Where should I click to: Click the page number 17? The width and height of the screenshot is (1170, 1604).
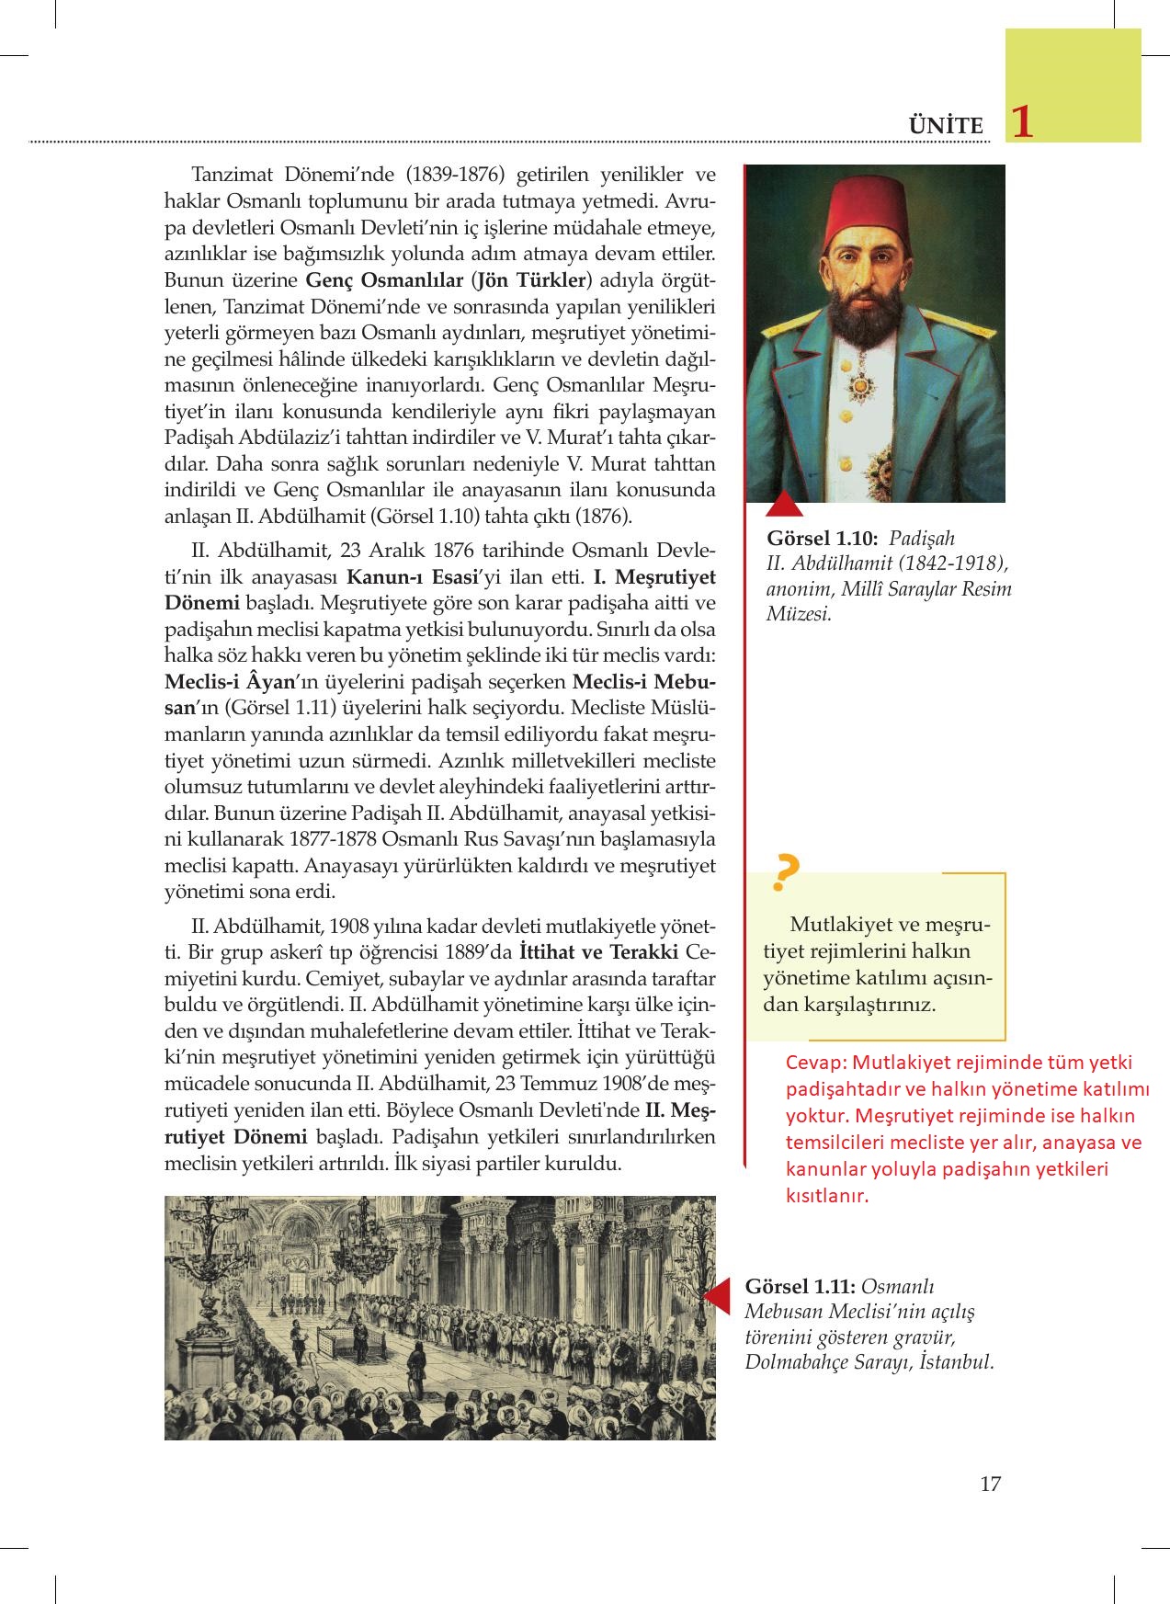click(990, 1484)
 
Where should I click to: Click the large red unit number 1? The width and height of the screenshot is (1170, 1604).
click(1021, 123)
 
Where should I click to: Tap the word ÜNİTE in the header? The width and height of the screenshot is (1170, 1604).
click(945, 126)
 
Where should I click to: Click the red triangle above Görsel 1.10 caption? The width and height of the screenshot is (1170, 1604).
click(784, 505)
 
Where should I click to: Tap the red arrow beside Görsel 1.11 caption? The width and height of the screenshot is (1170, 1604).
click(717, 1294)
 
